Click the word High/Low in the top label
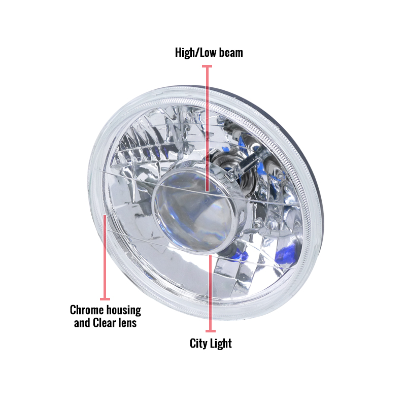195,53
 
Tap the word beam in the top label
231,53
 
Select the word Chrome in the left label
86,310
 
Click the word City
198,344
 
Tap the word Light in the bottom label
221,344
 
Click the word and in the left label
82,323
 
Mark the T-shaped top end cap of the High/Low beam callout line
207,66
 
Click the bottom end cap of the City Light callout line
211,331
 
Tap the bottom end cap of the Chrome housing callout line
105,299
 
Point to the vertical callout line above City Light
211,293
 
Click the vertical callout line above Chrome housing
105,257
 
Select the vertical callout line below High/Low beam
207,129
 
